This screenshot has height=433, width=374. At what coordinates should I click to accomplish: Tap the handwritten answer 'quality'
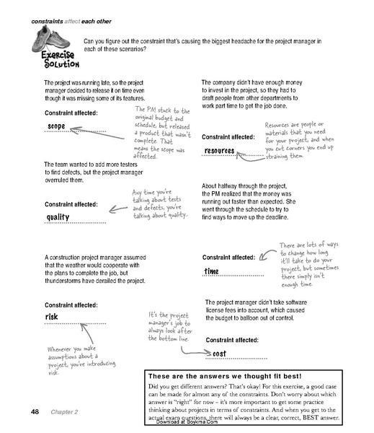pos(58,217)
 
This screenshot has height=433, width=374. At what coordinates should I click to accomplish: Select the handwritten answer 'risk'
pos(52,317)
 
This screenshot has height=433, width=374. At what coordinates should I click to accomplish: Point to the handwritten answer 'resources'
pos(221,150)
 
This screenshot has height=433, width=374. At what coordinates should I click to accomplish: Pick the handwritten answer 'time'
pos(212,271)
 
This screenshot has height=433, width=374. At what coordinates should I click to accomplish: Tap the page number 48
pos(35,412)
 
